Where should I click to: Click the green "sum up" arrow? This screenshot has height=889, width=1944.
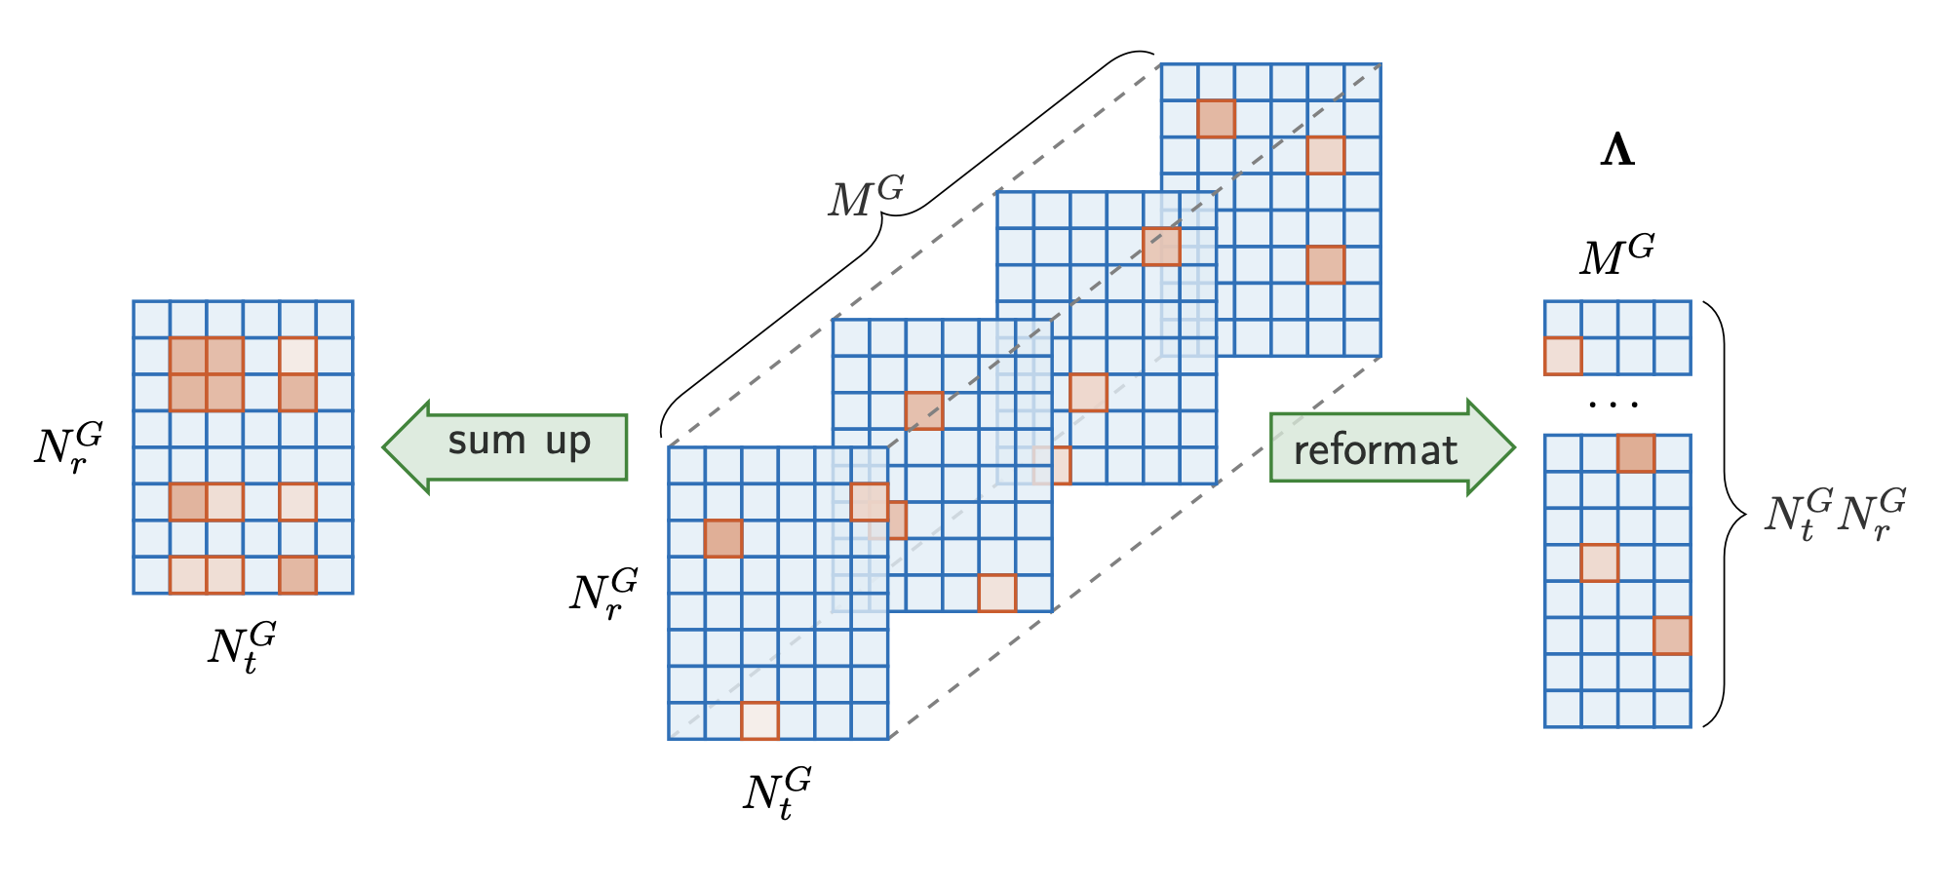point(507,446)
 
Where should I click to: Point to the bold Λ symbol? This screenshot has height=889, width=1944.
point(1617,152)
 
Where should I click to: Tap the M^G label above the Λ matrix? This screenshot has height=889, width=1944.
point(1616,253)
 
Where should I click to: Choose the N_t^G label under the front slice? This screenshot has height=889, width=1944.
point(776,792)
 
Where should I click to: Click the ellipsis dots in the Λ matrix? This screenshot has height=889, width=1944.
point(1614,404)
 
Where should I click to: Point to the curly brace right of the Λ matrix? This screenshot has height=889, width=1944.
point(1727,514)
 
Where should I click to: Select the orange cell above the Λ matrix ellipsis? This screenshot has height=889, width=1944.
point(1563,356)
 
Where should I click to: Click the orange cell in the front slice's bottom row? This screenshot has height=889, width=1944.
point(759,721)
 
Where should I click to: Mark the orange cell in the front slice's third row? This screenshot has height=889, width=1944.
point(723,538)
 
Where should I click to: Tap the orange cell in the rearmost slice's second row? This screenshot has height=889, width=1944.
point(1216,119)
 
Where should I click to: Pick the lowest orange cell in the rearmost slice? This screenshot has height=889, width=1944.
point(1326,265)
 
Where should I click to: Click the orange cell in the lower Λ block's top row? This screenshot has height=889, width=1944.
point(1636,453)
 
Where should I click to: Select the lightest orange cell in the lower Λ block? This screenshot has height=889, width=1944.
point(1599,563)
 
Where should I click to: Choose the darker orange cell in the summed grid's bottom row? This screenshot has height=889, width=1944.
point(297,575)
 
